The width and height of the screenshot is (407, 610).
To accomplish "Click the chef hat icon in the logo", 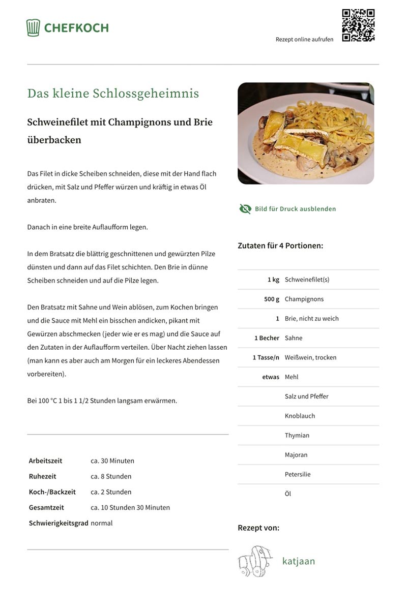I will click(x=33, y=27).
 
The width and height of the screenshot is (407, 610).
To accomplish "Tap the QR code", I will click(x=358, y=25).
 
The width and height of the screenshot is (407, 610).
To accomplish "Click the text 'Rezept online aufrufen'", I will click(x=304, y=39).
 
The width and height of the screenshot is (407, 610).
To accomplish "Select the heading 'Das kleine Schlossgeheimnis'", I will click(x=113, y=94).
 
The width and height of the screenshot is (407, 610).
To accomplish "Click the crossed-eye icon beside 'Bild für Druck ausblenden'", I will click(x=245, y=209).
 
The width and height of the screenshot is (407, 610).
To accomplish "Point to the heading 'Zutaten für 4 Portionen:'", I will click(x=280, y=246).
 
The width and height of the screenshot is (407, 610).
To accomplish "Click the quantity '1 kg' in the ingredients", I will click(x=273, y=280).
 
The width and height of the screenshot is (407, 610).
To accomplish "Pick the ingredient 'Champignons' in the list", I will click(x=304, y=299).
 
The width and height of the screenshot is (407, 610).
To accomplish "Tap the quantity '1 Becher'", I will click(x=267, y=338).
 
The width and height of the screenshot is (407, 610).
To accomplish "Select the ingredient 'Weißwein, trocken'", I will click(x=310, y=357).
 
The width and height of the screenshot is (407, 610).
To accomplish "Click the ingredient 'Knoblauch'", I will click(x=300, y=416).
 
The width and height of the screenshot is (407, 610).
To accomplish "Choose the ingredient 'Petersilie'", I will click(x=298, y=474).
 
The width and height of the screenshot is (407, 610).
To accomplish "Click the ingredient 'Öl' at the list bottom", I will click(x=288, y=494).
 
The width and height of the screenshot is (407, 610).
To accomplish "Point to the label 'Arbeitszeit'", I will click(x=45, y=461).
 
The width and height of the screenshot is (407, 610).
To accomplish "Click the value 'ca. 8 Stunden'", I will click(x=111, y=476).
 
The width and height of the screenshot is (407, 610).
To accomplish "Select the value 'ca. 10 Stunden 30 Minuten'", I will click(x=130, y=507).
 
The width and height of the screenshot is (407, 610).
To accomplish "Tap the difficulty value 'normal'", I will click(x=101, y=523).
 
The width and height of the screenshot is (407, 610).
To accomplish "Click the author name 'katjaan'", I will click(x=299, y=561).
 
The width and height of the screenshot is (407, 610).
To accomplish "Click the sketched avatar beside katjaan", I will click(x=252, y=561).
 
